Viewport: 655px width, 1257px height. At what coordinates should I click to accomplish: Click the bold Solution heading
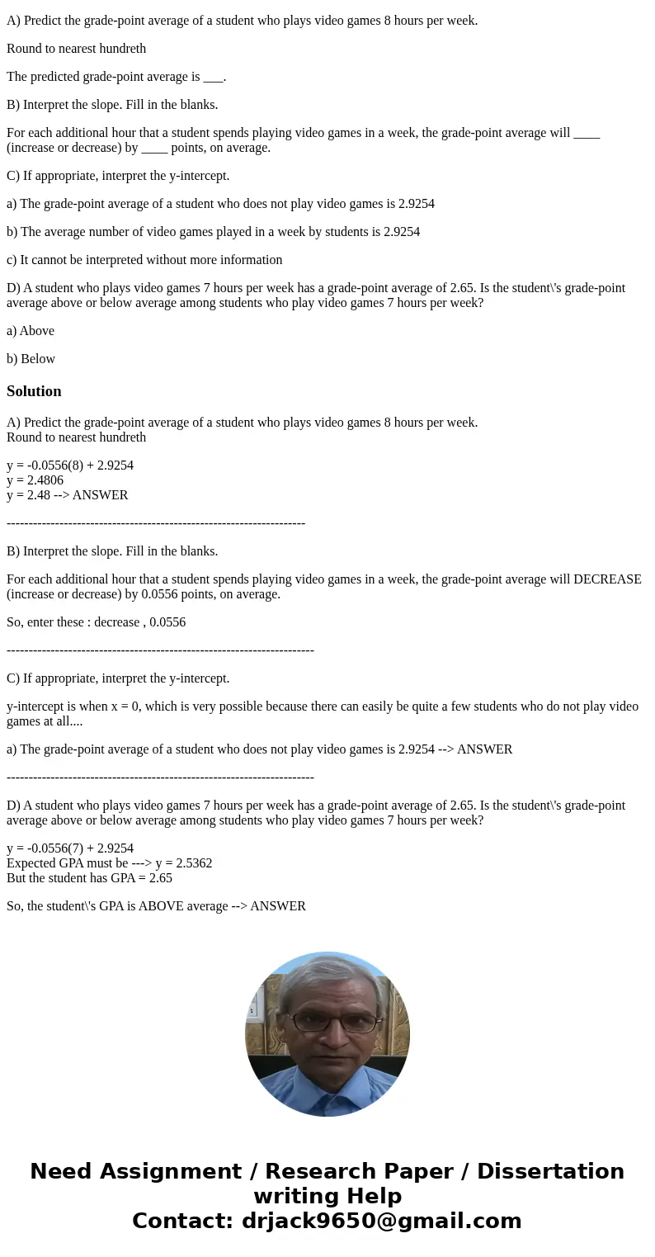click(34, 391)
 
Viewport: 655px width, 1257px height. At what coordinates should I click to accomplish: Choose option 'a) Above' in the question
click(31, 331)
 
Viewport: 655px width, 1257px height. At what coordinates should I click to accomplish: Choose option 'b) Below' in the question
click(31, 359)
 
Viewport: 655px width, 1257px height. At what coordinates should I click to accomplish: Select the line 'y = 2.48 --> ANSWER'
click(67, 495)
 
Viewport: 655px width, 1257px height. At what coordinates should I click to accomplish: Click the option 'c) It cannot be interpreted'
click(144, 260)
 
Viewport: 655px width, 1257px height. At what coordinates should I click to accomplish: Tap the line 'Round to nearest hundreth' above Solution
click(76, 49)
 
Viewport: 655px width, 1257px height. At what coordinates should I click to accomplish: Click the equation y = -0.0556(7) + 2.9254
click(70, 848)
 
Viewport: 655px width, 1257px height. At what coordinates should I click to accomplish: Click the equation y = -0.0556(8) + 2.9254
click(70, 465)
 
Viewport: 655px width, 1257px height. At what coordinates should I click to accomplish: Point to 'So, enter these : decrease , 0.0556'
click(96, 622)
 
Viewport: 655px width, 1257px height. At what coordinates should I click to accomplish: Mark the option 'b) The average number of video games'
click(213, 232)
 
